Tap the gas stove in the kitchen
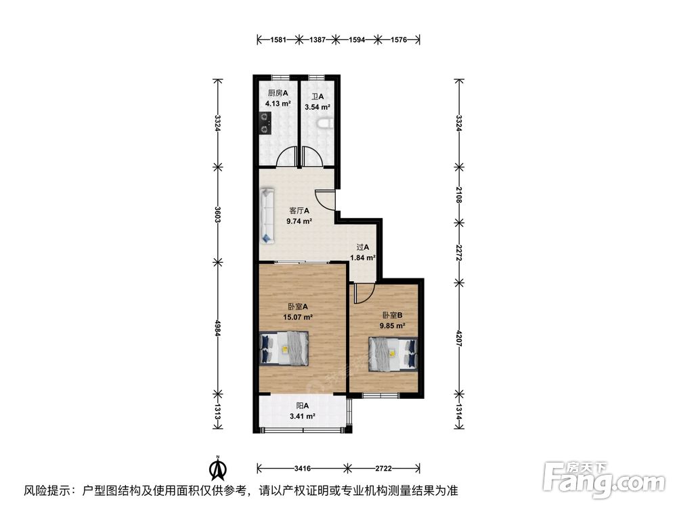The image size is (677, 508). tap(263, 123)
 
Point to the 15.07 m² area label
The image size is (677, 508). tap(298, 316)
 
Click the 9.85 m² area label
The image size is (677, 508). tap(393, 325)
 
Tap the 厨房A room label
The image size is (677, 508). tap(278, 93)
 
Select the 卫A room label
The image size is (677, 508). tap(317, 96)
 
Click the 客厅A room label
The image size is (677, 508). tap(299, 211)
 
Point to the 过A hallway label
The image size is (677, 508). tap(363, 247)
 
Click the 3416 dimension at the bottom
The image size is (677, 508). tap(303, 468)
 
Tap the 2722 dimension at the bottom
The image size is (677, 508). tap(384, 468)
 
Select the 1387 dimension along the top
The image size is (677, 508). tap(320, 41)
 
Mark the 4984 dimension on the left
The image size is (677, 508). tap(217, 327)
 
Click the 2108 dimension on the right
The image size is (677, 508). tap(460, 196)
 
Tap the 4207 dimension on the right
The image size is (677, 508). tap(460, 337)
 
